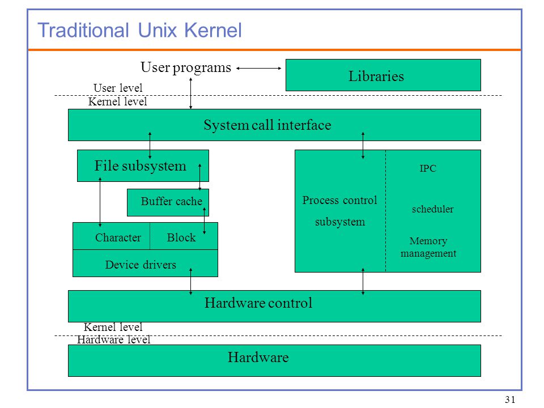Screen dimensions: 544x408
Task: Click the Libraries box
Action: point(383,75)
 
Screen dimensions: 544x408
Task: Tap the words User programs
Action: point(186,67)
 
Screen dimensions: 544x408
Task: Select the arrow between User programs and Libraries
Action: point(258,69)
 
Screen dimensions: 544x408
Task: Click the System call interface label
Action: point(267,125)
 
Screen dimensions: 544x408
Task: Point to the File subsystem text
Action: point(140,166)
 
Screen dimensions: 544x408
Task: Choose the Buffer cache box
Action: point(168,203)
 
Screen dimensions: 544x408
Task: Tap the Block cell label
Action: point(181,237)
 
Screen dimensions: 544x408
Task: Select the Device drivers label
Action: point(141,265)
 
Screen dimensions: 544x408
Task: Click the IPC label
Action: point(428,169)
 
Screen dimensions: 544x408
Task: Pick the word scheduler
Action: point(432,209)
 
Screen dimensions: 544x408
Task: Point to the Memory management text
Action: point(428,247)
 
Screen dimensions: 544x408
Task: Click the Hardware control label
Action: point(258,303)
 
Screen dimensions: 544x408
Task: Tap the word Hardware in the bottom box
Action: point(258,358)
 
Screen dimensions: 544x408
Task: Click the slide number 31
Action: point(510,399)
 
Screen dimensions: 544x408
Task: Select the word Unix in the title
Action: point(158,30)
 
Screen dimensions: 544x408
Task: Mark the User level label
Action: point(118,88)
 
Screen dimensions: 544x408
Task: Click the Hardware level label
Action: point(114,339)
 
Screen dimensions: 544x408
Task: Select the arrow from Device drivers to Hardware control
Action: point(190,282)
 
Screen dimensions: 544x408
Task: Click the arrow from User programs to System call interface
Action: point(190,93)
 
